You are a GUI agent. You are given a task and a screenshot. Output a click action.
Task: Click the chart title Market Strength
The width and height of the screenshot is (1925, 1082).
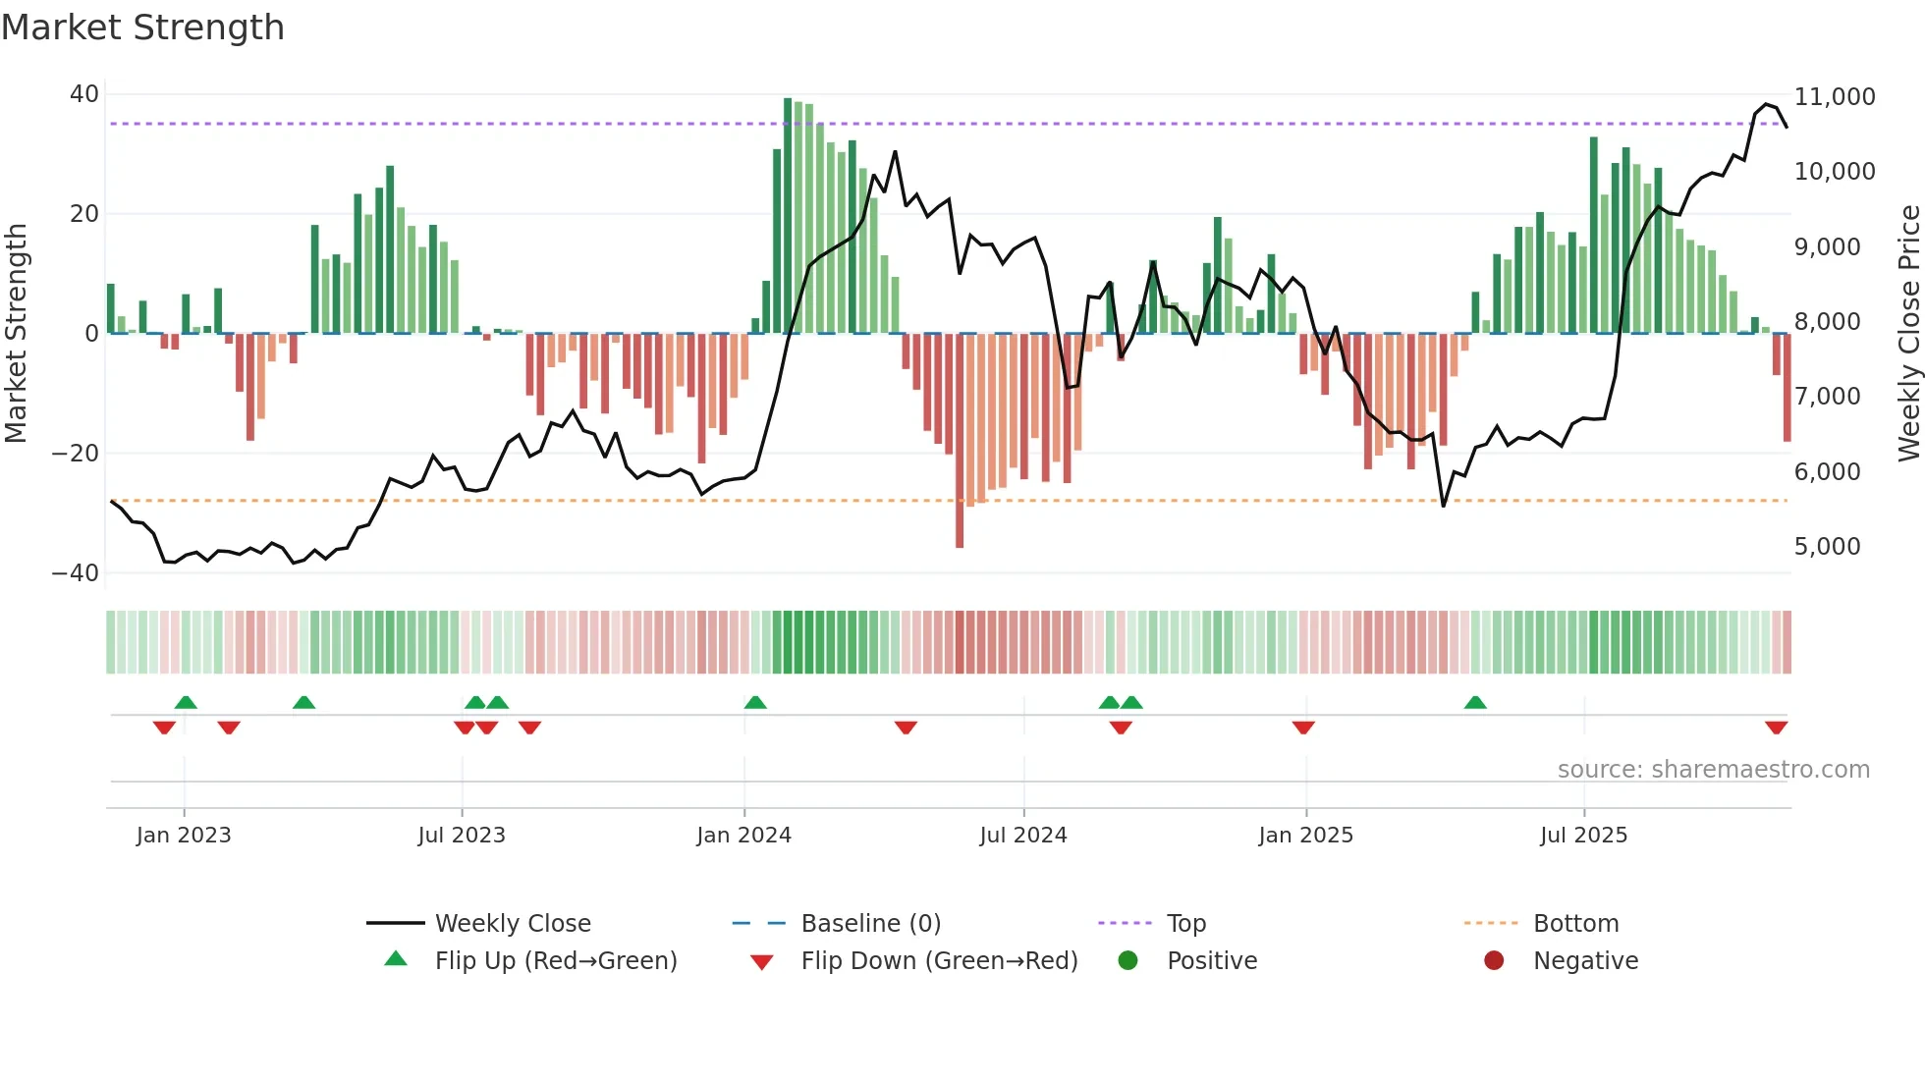142,27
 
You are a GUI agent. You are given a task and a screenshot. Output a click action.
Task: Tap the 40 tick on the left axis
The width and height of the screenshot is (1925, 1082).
84,94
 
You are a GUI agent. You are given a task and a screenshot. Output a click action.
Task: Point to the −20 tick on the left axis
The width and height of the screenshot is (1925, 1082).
76,454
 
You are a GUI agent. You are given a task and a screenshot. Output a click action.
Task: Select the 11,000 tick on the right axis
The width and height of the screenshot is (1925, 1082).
1834,97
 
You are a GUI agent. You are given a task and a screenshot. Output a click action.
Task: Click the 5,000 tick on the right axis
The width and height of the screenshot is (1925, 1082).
1827,547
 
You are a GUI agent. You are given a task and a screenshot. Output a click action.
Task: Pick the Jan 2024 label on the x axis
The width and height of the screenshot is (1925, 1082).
743,836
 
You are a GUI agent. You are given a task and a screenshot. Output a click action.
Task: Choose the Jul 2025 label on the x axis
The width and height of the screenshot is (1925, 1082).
1583,836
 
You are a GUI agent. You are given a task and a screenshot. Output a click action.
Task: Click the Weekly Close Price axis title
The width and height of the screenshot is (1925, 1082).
1908,334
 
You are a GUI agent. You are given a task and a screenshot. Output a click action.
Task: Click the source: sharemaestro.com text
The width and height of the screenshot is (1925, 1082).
1713,770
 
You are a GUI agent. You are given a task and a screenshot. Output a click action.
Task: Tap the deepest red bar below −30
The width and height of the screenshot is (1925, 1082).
960,442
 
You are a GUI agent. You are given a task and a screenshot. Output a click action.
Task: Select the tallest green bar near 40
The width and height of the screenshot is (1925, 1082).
788,216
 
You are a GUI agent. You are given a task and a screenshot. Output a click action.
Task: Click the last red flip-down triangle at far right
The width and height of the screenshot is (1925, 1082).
1776,728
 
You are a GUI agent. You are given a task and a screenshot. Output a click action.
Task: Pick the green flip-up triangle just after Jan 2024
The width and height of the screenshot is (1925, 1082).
755,702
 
